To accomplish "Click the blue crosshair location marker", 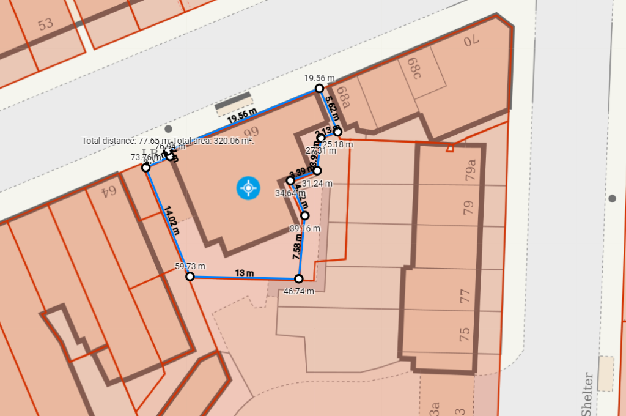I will click(x=248, y=188).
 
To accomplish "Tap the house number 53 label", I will click(x=45, y=24).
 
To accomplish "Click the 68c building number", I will click(x=416, y=68).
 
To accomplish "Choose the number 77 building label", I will click(x=465, y=296).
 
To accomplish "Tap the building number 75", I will click(x=465, y=334).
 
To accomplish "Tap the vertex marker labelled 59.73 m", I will click(x=190, y=277).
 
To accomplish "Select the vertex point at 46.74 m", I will click(x=299, y=278).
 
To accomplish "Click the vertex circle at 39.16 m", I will click(x=305, y=215).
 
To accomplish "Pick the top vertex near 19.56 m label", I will click(x=319, y=89).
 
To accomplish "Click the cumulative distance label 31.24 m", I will click(x=317, y=184).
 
